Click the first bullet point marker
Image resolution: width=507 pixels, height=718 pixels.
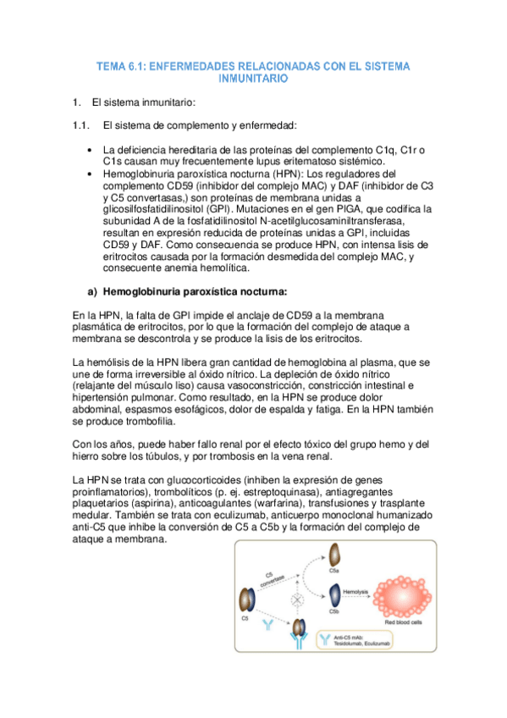click(90, 151)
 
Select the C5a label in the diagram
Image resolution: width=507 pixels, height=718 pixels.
click(334, 573)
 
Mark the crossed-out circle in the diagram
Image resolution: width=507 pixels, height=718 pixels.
click(297, 600)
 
